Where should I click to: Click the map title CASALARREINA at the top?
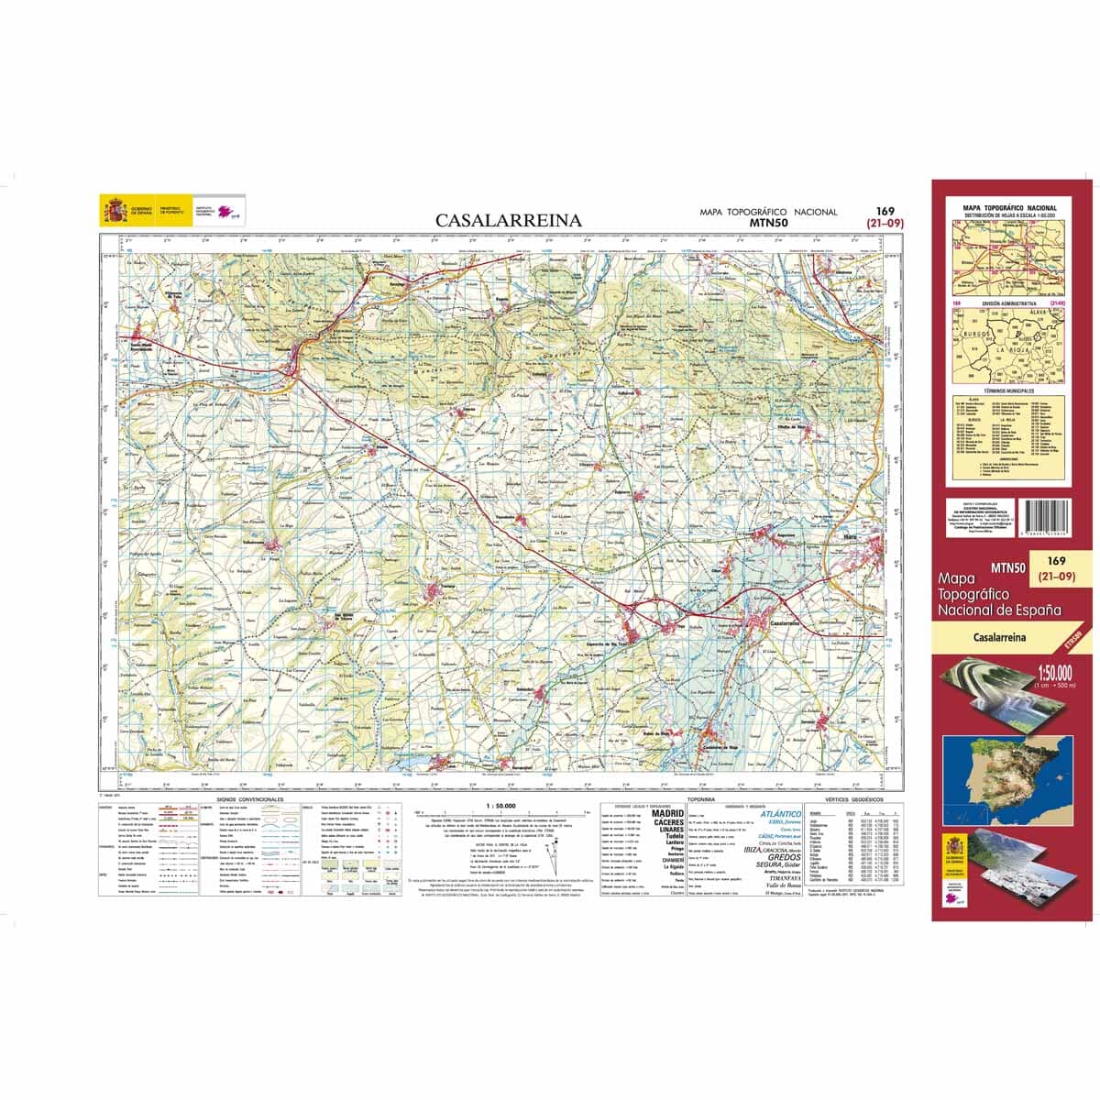click(508, 220)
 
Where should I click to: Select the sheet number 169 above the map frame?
click(885, 211)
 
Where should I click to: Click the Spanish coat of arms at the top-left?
click(115, 210)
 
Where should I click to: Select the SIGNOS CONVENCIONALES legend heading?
click(251, 799)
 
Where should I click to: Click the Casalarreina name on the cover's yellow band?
click(999, 636)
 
